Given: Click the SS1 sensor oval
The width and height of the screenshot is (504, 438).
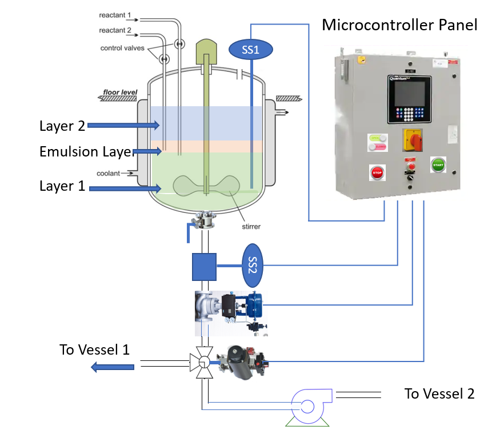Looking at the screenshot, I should (x=251, y=50).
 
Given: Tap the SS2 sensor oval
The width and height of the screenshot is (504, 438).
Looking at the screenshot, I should (x=252, y=265).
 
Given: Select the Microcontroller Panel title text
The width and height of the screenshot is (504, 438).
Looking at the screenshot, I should (x=399, y=25).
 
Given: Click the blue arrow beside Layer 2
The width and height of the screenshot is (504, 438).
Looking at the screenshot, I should (x=123, y=124).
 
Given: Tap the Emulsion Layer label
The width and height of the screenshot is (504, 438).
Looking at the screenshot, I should (x=86, y=152).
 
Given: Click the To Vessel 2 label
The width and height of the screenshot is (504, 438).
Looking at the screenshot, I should (x=439, y=393).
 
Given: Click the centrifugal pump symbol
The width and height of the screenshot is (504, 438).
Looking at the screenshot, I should (x=307, y=406).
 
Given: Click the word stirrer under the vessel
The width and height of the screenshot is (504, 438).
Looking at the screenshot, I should (x=250, y=227).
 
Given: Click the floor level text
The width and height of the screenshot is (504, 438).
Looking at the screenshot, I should (x=118, y=92).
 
